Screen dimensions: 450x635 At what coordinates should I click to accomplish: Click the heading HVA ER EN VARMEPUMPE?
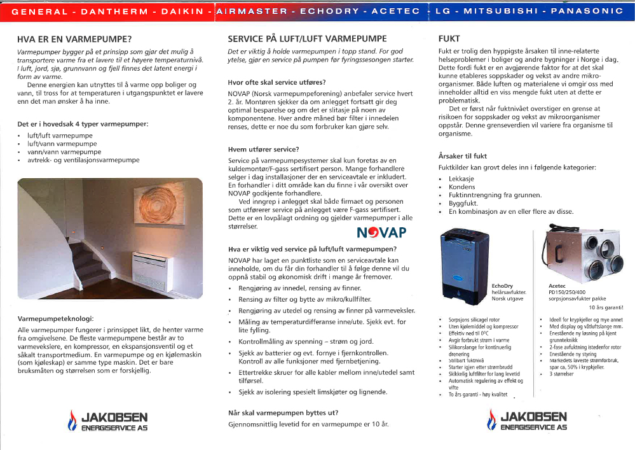tap(75, 39)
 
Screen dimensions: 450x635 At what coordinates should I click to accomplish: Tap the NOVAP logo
tap(381, 232)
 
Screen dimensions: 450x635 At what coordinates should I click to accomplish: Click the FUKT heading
tap(449, 39)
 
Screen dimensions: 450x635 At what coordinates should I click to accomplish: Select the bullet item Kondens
tap(461, 187)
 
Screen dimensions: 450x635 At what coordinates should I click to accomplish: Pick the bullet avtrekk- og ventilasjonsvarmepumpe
tap(83, 160)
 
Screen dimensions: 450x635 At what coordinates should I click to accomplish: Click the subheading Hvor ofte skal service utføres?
tap(277, 82)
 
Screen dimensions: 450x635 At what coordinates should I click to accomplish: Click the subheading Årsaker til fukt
tap(463, 155)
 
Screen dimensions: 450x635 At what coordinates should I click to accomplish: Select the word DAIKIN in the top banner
tap(181, 11)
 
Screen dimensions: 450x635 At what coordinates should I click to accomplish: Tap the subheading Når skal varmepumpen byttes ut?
tap(283, 412)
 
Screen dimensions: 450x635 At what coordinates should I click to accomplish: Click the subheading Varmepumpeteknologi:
tap(56, 318)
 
